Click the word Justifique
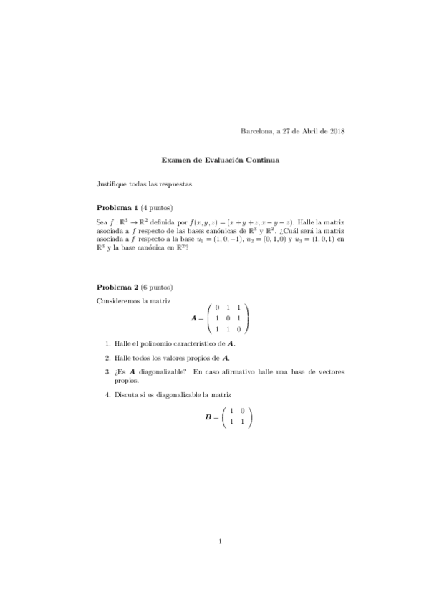tap(112, 184)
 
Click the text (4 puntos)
tap(157, 207)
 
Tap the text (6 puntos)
tap(157, 287)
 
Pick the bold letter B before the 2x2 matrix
tap(208, 417)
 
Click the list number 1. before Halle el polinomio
tap(107, 344)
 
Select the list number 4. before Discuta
tap(107, 395)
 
